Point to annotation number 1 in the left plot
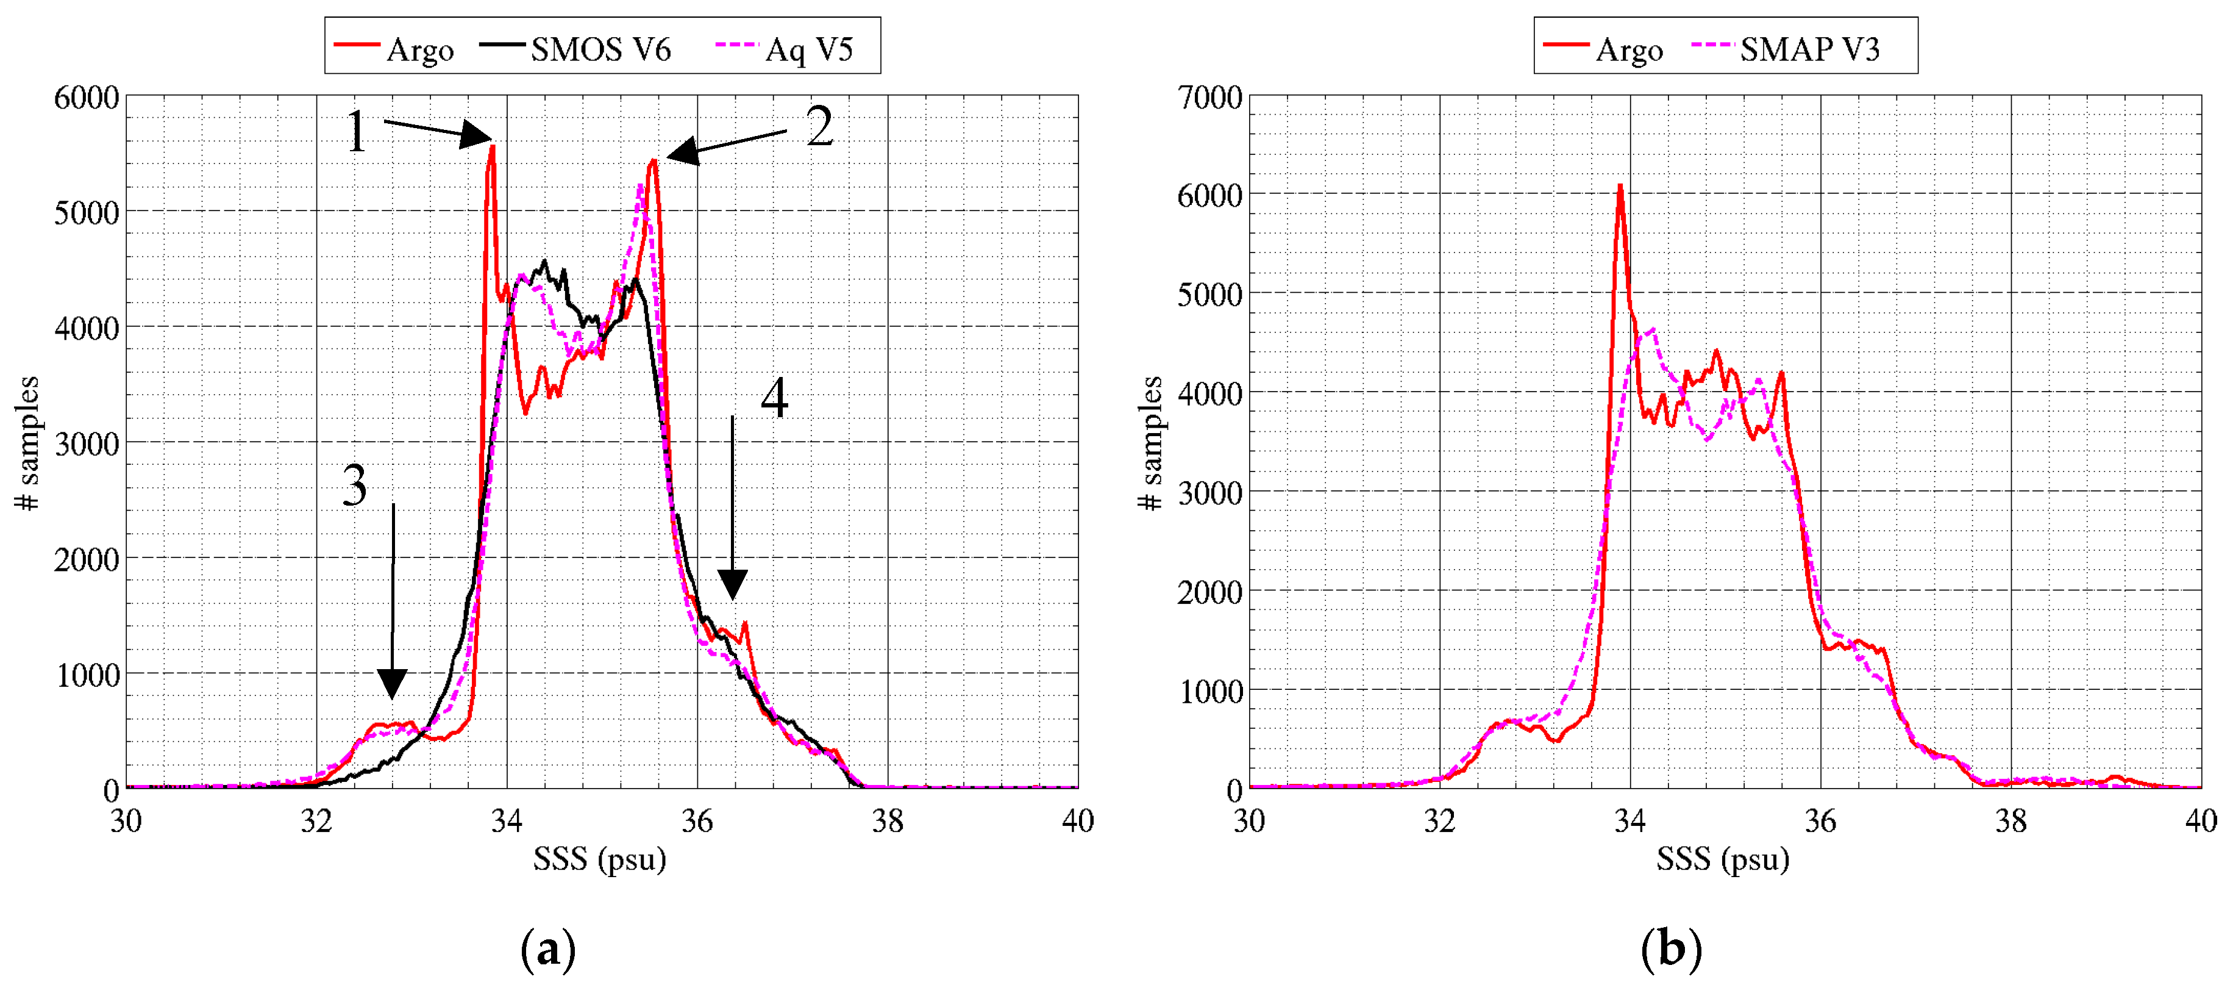pyautogui.click(x=356, y=132)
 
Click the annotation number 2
pyautogui.click(x=819, y=127)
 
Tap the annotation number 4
pyautogui.click(x=774, y=398)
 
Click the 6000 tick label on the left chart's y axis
pyautogui.click(x=87, y=97)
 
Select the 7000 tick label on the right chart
pyautogui.click(x=1209, y=97)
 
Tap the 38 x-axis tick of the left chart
pyautogui.click(x=888, y=820)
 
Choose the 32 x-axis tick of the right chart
pyautogui.click(x=1440, y=820)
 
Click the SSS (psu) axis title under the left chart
pyautogui.click(x=600, y=859)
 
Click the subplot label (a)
pyautogui.click(x=548, y=950)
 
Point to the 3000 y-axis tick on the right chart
pyautogui.click(x=1209, y=493)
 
